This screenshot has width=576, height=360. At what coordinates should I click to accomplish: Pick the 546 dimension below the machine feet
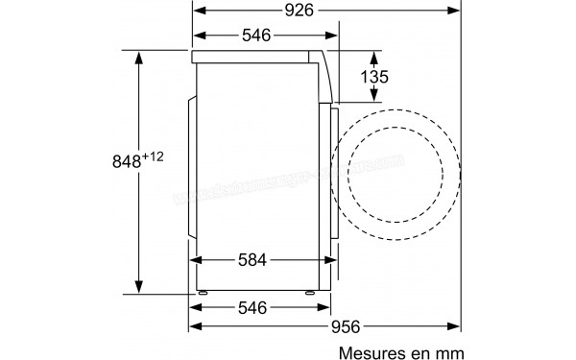253,309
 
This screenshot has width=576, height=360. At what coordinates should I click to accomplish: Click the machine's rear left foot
204,289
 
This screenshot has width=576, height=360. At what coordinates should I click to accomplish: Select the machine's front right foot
310,289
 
